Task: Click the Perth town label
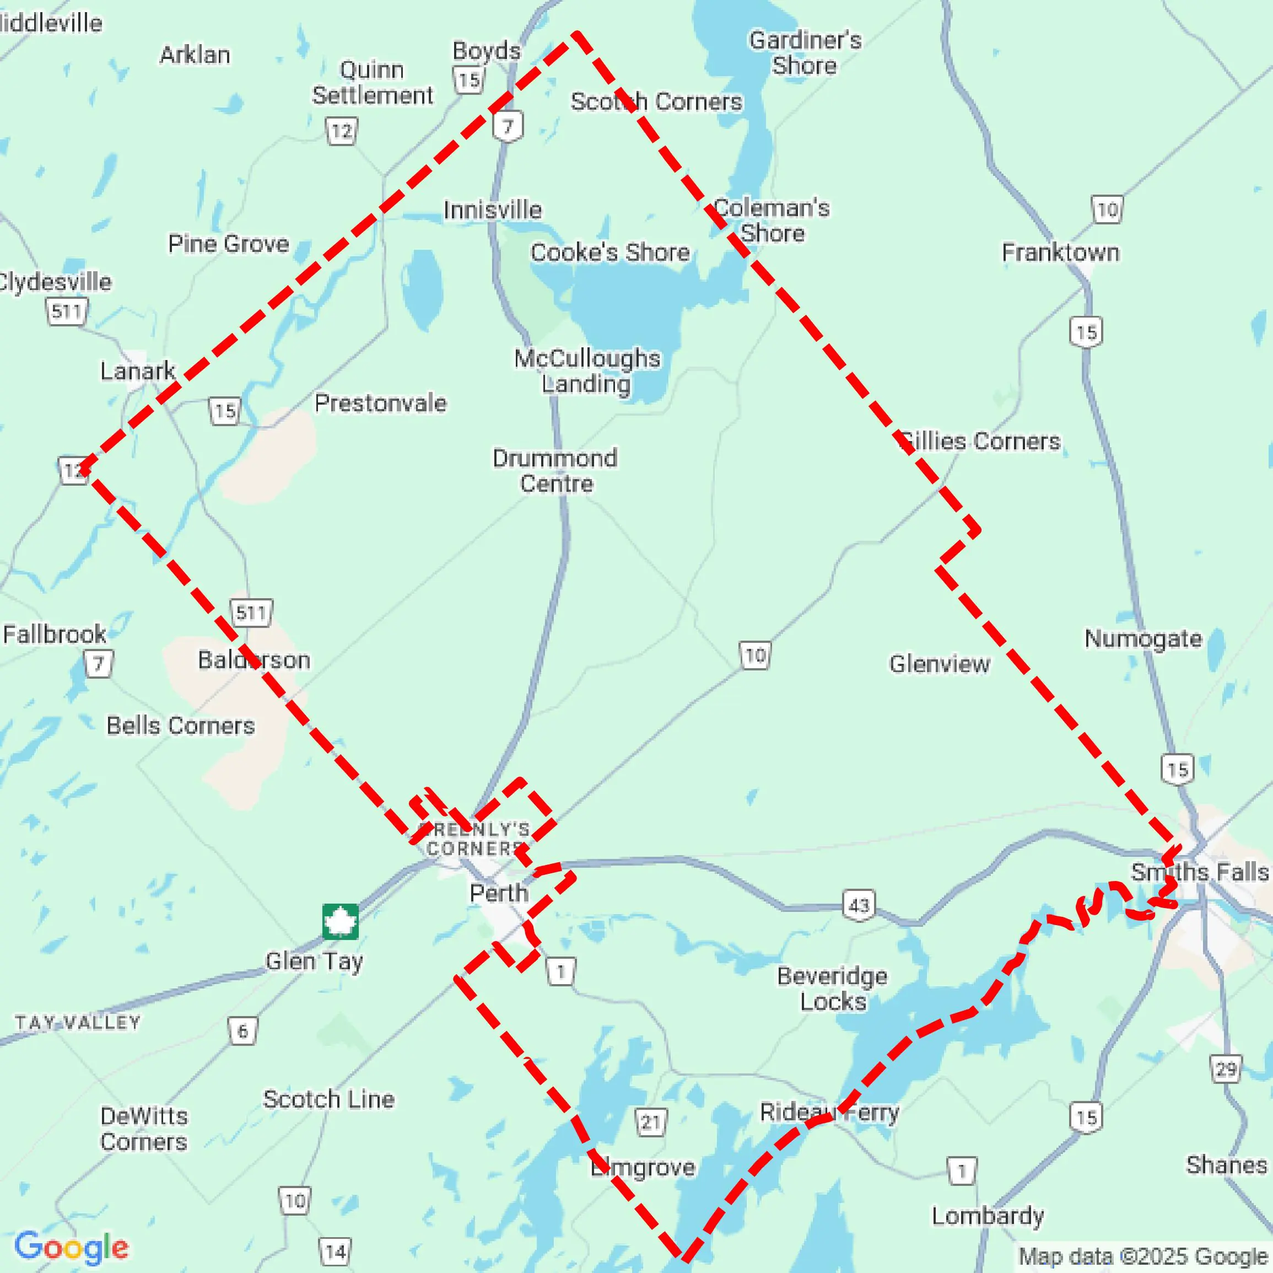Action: pos(499,893)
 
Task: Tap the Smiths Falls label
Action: pos(1199,872)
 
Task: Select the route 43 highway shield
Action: pos(859,905)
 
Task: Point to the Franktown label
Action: pos(1060,253)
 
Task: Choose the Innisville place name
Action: pos(492,210)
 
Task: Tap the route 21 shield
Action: pos(651,1122)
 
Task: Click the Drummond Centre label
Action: pos(555,471)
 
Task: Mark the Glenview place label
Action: pos(939,664)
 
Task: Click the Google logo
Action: pos(71,1247)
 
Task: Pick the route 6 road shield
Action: pos(242,1031)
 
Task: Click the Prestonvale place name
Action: pos(380,403)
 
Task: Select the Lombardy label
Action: pos(987,1216)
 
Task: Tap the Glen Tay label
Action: pos(314,961)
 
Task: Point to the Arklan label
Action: pos(195,55)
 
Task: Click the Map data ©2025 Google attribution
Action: pos(1143,1256)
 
